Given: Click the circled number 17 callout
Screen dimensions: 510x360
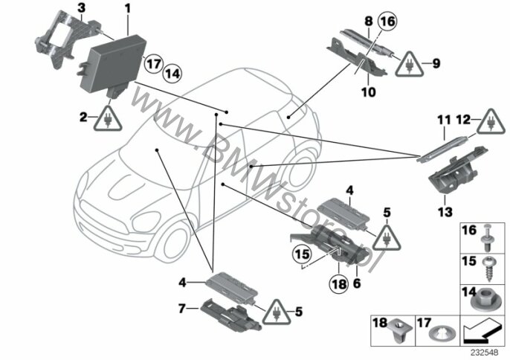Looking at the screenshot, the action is tap(153, 63).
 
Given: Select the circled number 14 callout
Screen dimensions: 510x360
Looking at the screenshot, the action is tap(172, 74).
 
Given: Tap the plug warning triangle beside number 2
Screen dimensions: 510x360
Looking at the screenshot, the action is tap(108, 120).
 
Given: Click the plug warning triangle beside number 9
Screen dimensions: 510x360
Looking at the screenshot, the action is tap(410, 65).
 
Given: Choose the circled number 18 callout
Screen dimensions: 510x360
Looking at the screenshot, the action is tap(339, 284).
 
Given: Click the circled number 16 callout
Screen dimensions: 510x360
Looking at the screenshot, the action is tap(388, 22).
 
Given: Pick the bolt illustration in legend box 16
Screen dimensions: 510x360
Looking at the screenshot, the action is tap(487, 238).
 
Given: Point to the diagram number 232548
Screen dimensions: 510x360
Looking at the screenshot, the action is tap(485, 352).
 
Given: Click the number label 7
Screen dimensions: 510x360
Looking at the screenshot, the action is tap(182, 308).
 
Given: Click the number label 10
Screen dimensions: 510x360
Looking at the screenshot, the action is tap(369, 92).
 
